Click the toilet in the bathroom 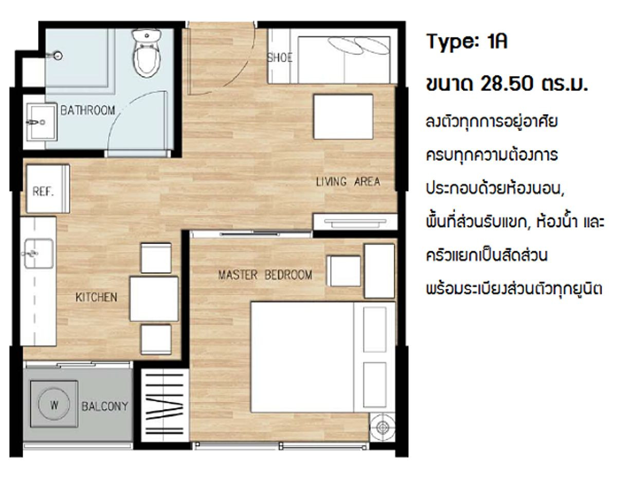point(147,53)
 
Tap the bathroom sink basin point(42,122)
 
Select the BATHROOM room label point(88,110)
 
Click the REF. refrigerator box point(48,189)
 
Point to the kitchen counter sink point(39,254)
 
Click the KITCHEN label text point(96,297)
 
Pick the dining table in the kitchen point(154,299)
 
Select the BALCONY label point(105,406)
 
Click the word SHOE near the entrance point(280,58)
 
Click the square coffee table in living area point(343,117)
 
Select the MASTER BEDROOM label point(265,275)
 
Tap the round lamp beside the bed point(383,427)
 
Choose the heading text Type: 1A point(467,42)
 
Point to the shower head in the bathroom point(57,55)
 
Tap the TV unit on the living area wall point(355,222)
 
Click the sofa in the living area point(333,56)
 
